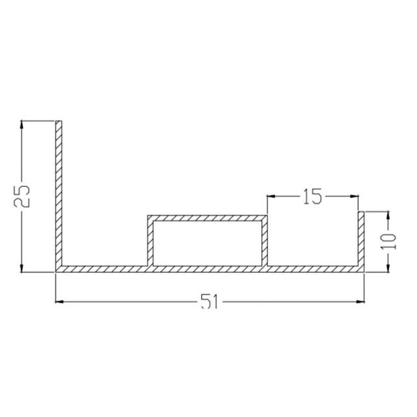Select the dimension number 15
tap(312, 196)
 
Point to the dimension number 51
tap(208, 302)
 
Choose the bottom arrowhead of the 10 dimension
tap(388, 266)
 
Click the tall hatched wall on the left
tap(58, 195)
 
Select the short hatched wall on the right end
tap(361, 238)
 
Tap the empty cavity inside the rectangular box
tap(208, 243)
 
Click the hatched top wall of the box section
tap(207, 218)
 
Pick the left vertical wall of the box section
tap(150, 242)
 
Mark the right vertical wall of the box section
tap(265, 242)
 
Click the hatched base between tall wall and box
tap(104, 268)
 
